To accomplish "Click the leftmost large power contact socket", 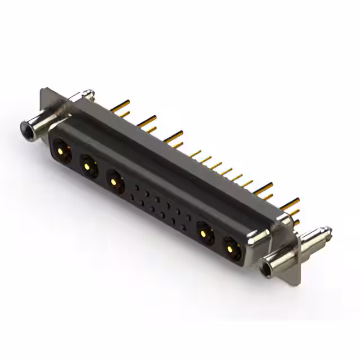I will [61, 150].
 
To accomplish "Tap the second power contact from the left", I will [87, 166].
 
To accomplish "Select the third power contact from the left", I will [114, 182].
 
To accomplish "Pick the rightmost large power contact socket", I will [231, 247].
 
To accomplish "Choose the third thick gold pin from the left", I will [175, 135].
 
